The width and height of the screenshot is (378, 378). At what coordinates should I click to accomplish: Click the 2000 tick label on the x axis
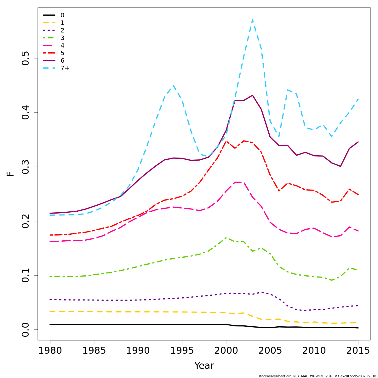tap(226, 351)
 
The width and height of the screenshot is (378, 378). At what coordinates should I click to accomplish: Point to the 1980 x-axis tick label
tap(50, 351)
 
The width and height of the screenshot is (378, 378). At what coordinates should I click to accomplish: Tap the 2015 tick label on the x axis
tap(358, 351)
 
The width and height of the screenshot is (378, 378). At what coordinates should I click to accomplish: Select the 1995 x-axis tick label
tap(182, 351)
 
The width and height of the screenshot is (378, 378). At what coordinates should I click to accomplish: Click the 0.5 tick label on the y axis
tap(26, 58)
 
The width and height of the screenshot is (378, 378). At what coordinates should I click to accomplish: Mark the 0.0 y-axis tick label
tap(26, 329)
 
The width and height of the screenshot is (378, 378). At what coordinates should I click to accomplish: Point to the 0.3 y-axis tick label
tap(26, 167)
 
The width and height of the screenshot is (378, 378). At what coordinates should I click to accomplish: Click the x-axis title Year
tap(204, 366)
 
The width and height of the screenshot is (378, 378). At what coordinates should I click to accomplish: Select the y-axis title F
tap(11, 174)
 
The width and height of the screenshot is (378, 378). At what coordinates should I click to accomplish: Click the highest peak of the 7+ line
tap(252, 20)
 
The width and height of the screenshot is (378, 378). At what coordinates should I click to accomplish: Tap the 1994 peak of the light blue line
tap(173, 85)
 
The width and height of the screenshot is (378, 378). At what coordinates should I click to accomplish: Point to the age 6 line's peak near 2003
tap(252, 95)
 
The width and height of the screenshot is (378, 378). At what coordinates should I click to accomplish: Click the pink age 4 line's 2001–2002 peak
tap(239, 182)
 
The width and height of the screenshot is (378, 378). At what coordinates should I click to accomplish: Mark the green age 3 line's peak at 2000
tap(226, 238)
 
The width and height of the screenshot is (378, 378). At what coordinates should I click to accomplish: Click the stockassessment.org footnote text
tap(317, 376)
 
